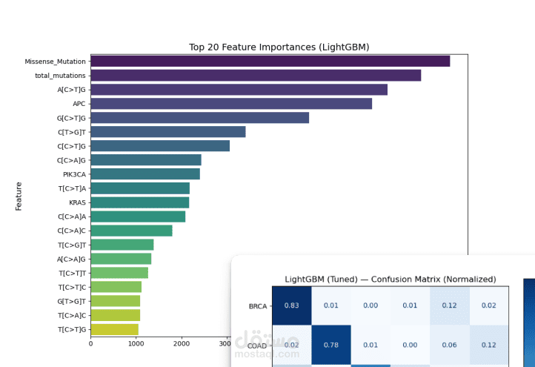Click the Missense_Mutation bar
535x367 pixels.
[270, 62]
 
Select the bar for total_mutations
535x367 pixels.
[256, 76]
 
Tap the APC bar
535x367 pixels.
[231, 104]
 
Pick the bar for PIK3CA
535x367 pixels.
[145, 174]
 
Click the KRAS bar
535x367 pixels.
[140, 202]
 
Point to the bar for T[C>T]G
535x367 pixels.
[114, 329]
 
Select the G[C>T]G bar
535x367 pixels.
[199, 118]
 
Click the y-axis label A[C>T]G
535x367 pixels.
[72, 90]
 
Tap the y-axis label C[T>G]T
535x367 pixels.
[72, 132]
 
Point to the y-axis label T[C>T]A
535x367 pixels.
[72, 188]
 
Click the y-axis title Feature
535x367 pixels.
[19, 196]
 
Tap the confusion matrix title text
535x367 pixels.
[390, 280]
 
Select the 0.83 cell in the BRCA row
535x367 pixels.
[292, 305]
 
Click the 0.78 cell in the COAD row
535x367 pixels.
[331, 345]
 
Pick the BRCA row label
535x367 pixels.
[257, 305]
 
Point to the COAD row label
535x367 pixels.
[256, 345]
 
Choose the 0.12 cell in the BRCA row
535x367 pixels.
[450, 305]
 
